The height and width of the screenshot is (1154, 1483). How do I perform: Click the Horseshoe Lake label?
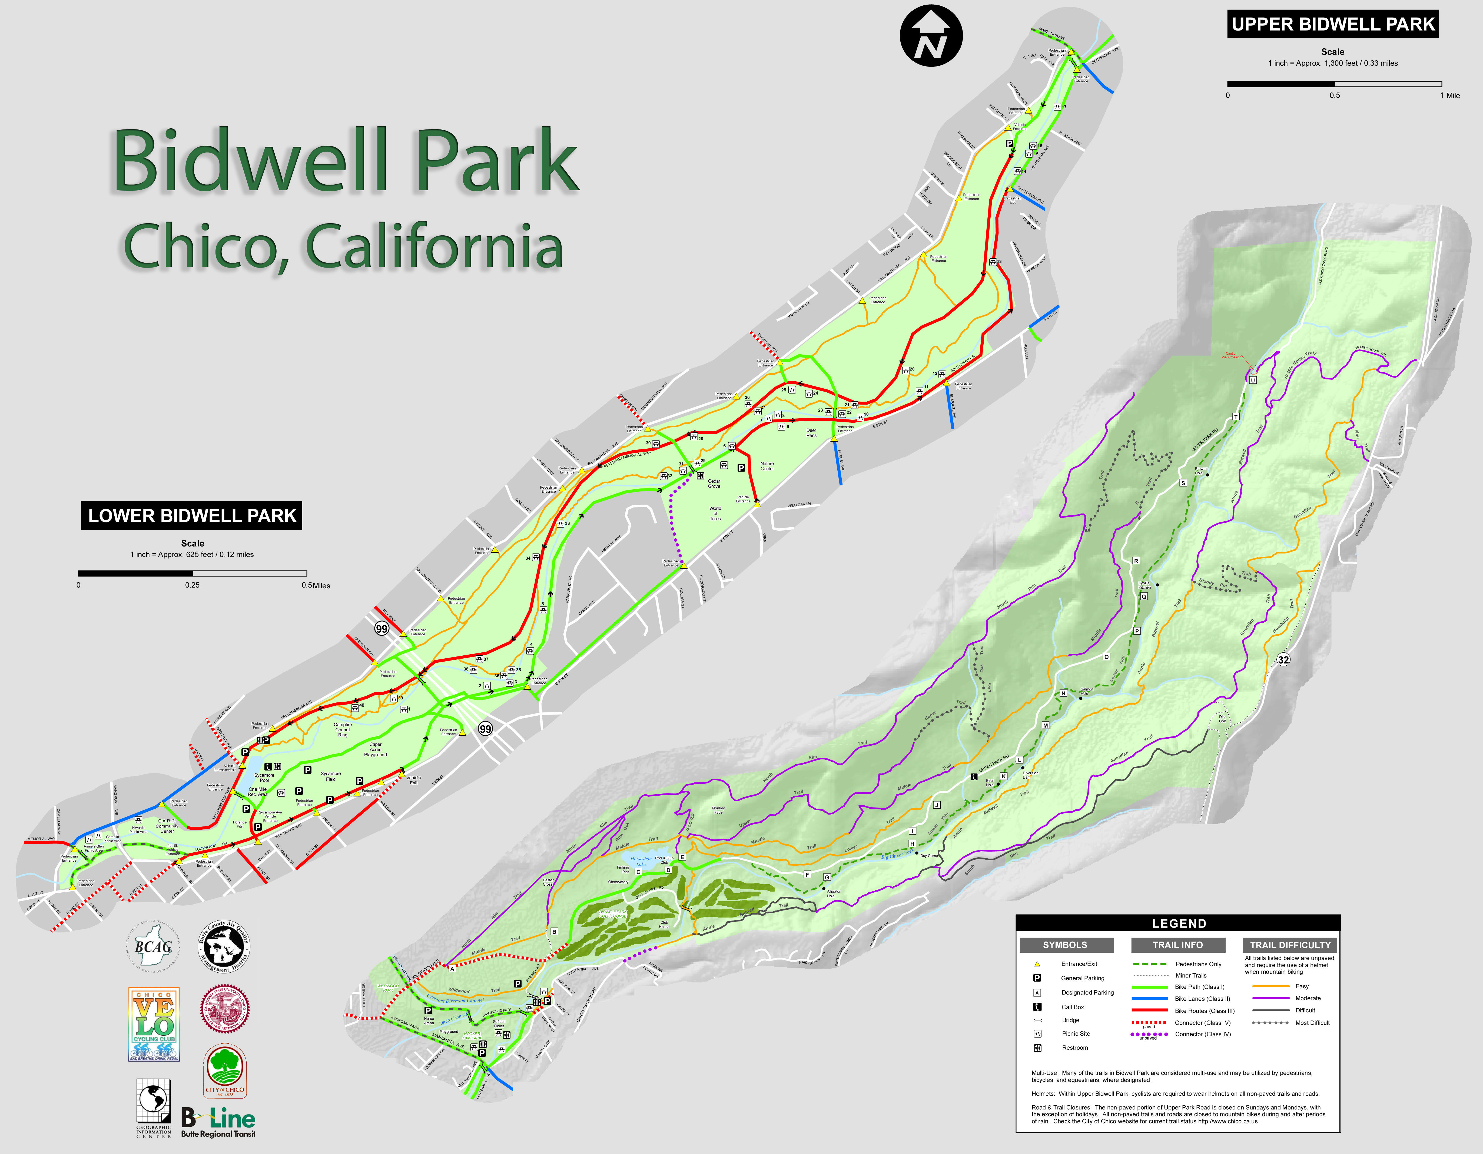click(641, 861)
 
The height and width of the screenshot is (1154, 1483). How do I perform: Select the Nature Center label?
click(767, 466)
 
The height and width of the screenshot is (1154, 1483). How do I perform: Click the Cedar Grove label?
click(714, 483)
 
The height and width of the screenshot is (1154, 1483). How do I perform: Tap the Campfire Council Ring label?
click(343, 730)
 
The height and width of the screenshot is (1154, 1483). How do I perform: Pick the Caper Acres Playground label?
click(376, 749)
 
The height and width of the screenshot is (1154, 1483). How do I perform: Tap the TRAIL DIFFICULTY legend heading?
click(1290, 945)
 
